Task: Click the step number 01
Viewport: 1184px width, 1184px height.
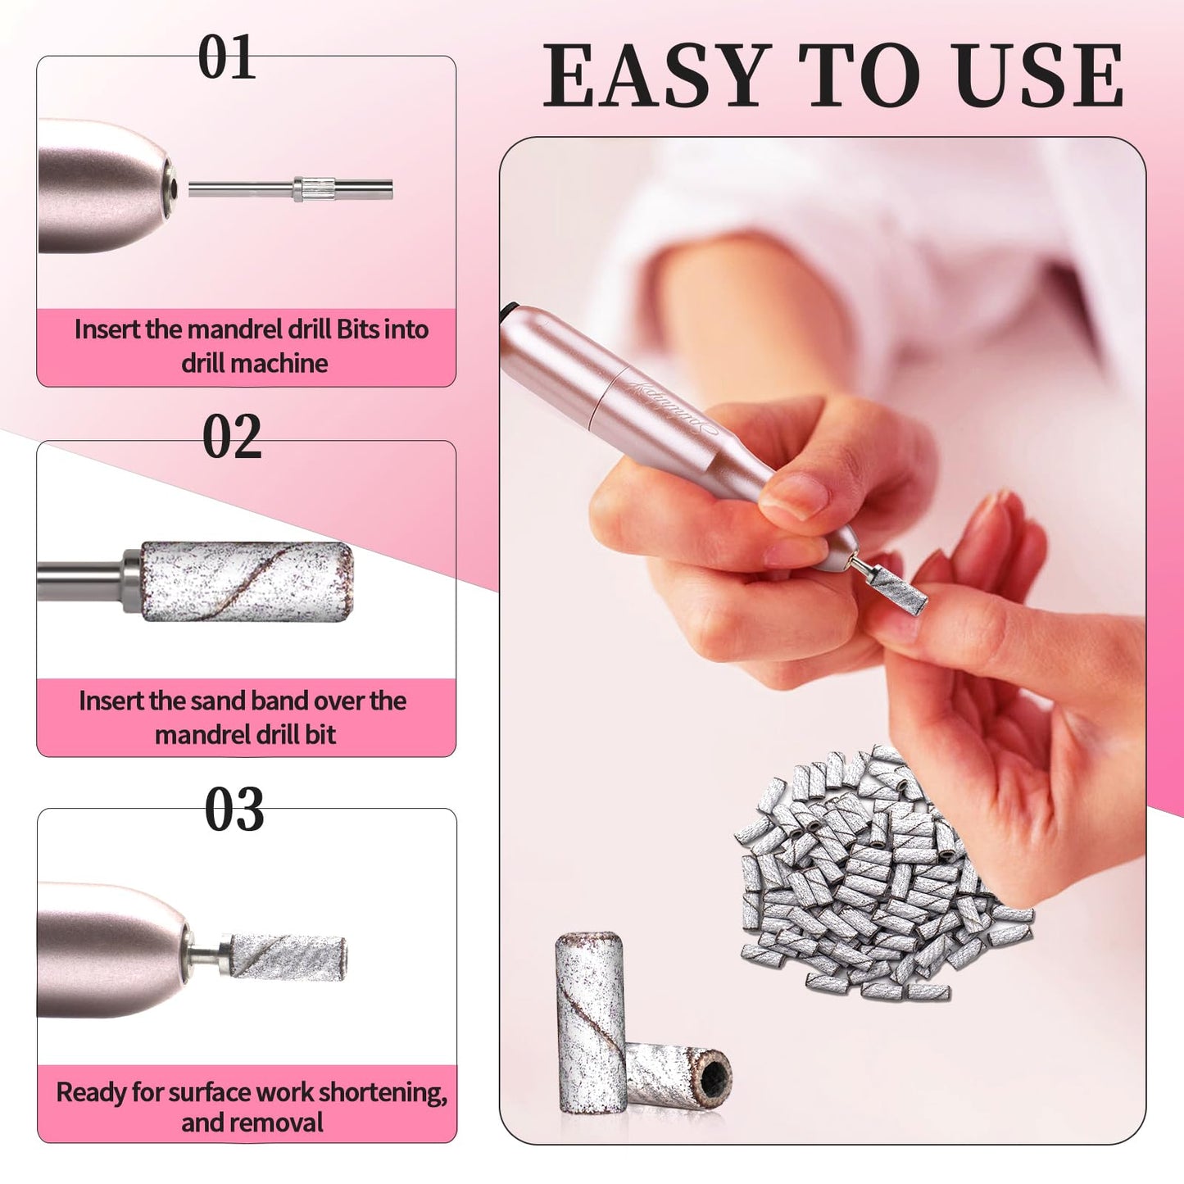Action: click(227, 59)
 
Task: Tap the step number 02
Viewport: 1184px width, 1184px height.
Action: click(232, 437)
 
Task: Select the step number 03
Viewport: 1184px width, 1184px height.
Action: click(234, 810)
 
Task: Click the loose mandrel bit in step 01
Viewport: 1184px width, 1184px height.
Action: click(292, 189)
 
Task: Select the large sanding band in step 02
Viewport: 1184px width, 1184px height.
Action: click(247, 580)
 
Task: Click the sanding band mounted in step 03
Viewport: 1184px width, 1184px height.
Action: click(287, 955)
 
